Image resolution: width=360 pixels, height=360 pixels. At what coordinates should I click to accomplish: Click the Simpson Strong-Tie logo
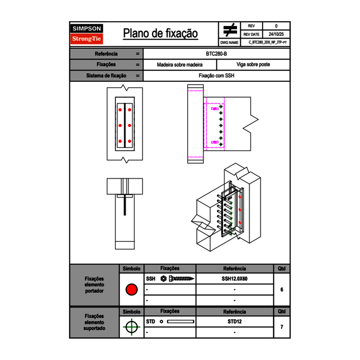coord(87,34)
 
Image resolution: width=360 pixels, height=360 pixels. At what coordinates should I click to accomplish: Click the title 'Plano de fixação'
coord(160,33)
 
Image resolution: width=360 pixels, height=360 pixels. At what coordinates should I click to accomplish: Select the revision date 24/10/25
coord(276,34)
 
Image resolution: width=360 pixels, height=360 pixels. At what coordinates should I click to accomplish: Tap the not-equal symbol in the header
coord(230,30)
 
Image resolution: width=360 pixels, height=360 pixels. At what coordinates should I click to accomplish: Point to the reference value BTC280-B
coord(217,54)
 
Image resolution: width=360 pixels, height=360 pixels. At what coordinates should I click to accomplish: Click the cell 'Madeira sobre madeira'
coord(180,65)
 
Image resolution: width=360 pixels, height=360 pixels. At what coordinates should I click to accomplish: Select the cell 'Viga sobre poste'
coord(253,65)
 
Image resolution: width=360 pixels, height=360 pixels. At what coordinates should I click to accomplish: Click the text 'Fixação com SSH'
coord(216,76)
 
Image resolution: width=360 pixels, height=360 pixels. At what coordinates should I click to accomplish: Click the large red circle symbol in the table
coord(131,290)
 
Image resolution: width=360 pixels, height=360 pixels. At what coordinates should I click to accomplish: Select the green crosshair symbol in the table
coord(131,327)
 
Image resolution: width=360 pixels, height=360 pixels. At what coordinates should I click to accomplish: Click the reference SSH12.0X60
coord(234,279)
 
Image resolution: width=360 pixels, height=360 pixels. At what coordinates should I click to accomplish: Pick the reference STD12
coord(234,322)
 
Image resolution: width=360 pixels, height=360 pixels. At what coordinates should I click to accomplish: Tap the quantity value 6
coord(282,290)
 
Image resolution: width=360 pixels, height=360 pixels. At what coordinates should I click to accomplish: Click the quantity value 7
coord(282,327)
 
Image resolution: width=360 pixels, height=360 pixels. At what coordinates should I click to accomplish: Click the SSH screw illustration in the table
coord(178,279)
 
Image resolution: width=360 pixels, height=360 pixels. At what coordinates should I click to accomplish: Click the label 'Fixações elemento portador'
coord(94,284)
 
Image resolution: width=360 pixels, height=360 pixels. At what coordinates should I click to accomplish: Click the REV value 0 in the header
coord(276,26)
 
